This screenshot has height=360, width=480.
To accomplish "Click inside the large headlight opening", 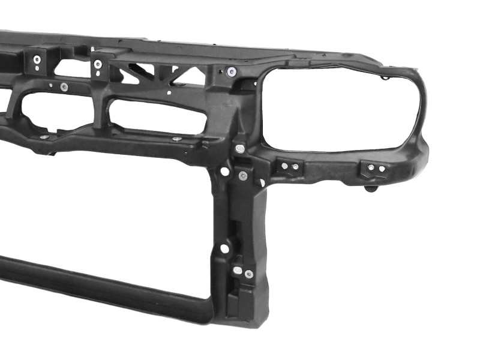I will [x=339, y=108].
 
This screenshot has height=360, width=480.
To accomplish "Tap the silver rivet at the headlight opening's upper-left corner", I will [x=232, y=72].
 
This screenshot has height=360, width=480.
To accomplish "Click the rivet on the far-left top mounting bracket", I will [x=37, y=59].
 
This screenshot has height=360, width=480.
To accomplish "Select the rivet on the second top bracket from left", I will [x=98, y=64].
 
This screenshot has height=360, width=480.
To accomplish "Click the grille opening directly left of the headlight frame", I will [x=157, y=116].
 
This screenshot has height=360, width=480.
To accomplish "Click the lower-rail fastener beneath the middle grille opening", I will [x=176, y=139].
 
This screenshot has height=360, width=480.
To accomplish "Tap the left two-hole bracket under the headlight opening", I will [x=289, y=167].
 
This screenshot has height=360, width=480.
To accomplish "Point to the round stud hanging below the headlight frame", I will [x=372, y=189].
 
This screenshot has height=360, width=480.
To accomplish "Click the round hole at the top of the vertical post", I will [x=224, y=171].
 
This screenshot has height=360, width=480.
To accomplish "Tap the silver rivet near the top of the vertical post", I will [x=242, y=176].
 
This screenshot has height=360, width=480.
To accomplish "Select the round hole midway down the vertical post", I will [x=224, y=248].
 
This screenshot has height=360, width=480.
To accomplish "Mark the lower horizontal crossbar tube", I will [x=102, y=288].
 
